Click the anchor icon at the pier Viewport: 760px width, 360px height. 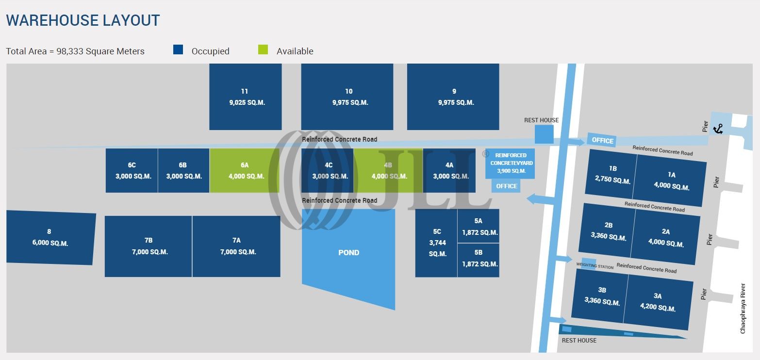(x=718, y=129)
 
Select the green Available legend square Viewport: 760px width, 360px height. (x=263, y=49)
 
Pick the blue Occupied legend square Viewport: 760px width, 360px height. (x=178, y=49)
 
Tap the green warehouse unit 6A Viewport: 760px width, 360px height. (x=245, y=171)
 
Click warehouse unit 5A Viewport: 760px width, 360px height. (x=479, y=226)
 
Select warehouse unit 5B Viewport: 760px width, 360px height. (x=479, y=259)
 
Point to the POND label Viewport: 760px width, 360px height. (x=348, y=253)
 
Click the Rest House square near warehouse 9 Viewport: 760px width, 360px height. (x=544, y=134)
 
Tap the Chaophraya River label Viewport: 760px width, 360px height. (x=743, y=309)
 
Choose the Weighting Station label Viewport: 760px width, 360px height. (x=595, y=266)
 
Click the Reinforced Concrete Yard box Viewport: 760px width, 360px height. (x=508, y=163)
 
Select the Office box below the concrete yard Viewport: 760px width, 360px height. (x=506, y=186)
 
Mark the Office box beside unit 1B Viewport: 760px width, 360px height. (x=602, y=140)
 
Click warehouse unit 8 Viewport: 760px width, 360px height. (x=50, y=238)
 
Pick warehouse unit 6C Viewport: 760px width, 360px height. (x=132, y=171)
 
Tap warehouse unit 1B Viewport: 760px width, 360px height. (x=612, y=175)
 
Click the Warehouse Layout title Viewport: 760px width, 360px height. (x=83, y=20)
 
